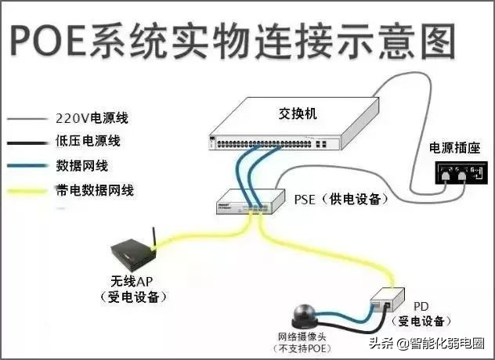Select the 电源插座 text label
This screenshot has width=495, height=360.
coord(448,148)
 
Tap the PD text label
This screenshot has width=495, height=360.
coord(421,307)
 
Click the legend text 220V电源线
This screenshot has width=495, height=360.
coord(92,120)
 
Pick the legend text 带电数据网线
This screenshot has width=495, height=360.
coord(92,190)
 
